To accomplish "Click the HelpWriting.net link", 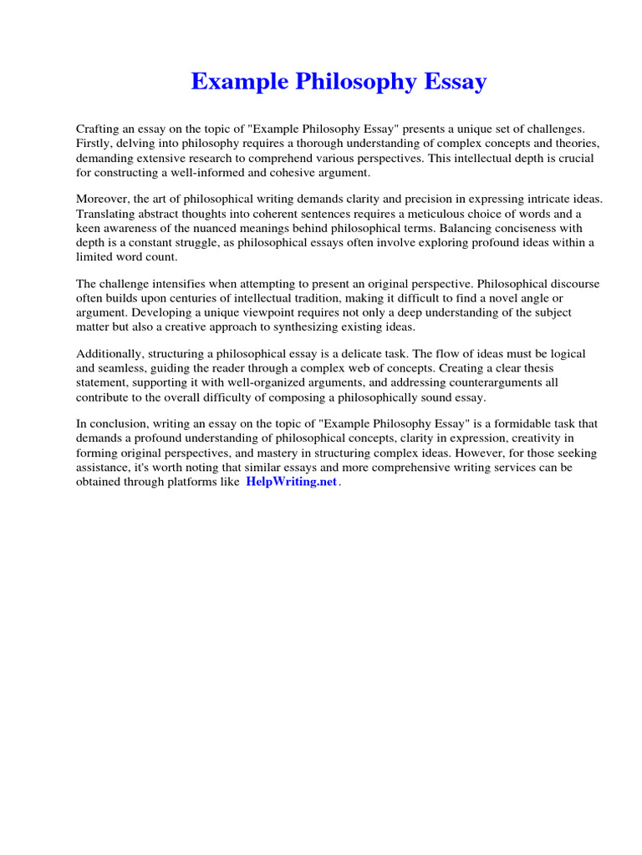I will point(291,483).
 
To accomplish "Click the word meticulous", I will point(434,213).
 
